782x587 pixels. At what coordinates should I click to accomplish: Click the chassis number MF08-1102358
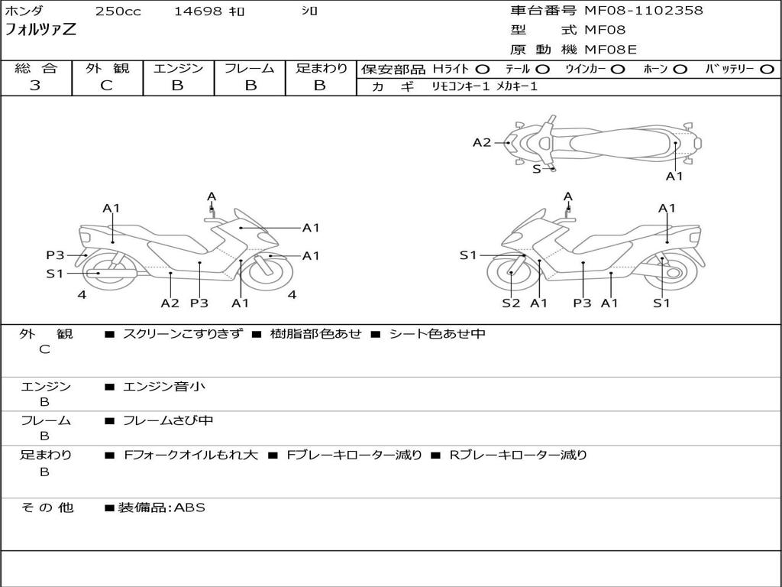pos(644,11)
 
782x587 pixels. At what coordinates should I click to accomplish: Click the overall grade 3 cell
pos(35,86)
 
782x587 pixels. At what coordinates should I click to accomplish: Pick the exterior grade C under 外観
pos(106,86)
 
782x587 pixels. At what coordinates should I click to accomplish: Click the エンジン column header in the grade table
pos(178,68)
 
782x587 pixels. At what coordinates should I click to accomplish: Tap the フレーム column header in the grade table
pos(250,68)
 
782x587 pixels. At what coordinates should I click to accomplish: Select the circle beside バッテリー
pos(767,70)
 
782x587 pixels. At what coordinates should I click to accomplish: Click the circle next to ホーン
pos(680,70)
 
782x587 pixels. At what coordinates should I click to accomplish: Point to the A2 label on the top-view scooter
pos(482,142)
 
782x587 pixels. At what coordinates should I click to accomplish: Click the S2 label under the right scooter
pos(511,303)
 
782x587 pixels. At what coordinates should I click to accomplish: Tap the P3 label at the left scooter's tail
pos(55,255)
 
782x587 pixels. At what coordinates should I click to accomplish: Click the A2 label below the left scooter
pos(170,303)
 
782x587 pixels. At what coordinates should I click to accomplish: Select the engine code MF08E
pos(610,50)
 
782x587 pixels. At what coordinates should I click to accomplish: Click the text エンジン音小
pos(164,387)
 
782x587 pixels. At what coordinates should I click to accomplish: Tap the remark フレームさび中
pos(168,420)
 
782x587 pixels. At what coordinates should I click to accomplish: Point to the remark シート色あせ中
pos(437,334)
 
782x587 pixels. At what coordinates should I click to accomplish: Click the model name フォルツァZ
pos(40,30)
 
